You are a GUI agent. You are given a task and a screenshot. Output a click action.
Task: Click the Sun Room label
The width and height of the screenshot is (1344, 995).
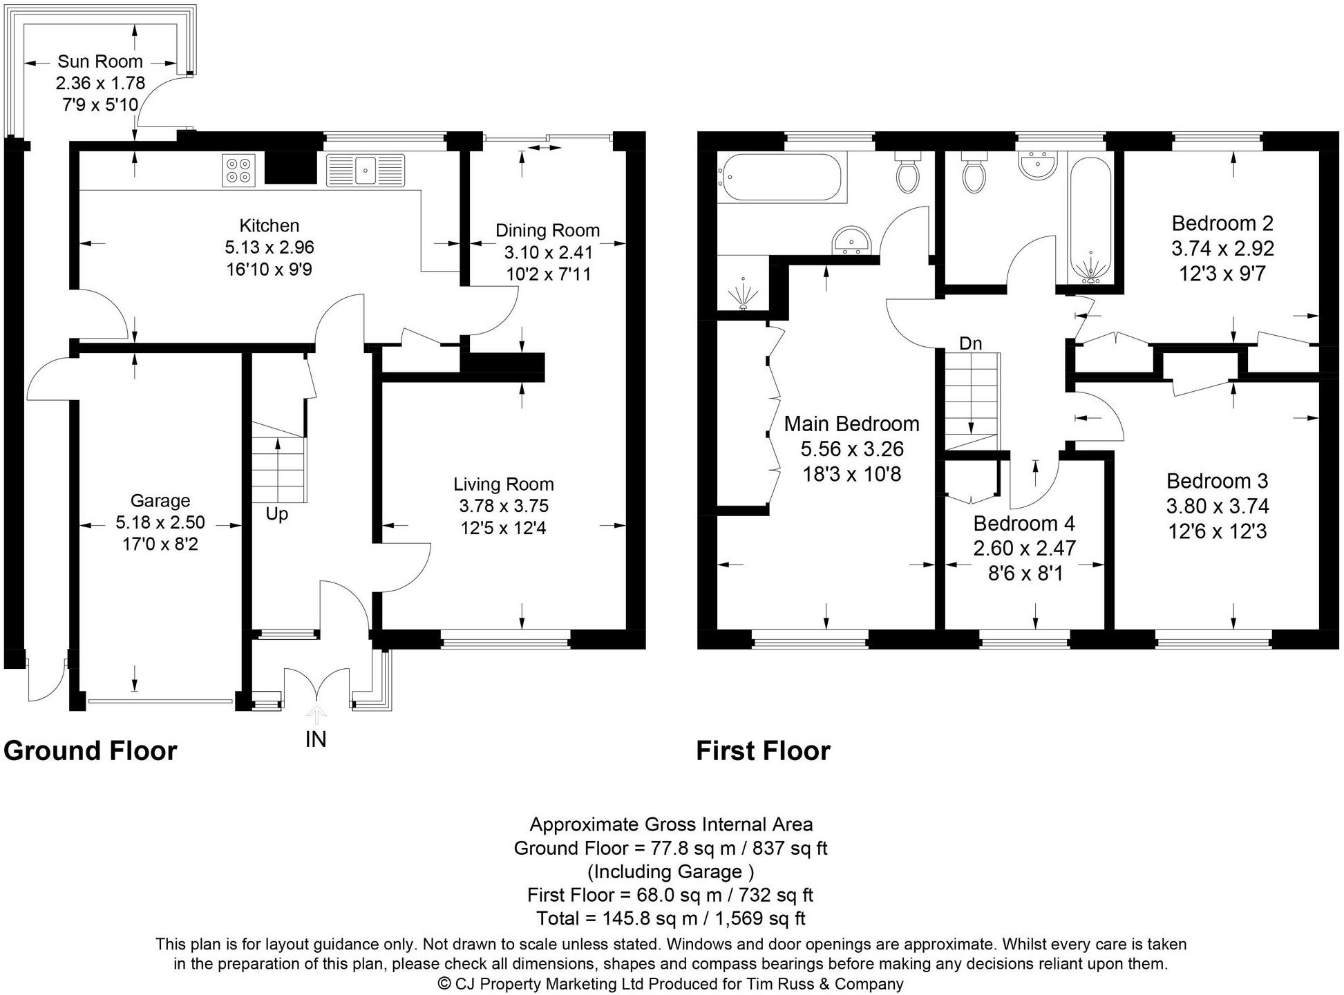tap(100, 61)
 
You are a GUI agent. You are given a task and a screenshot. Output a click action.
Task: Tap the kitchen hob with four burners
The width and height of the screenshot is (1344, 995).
tap(238, 170)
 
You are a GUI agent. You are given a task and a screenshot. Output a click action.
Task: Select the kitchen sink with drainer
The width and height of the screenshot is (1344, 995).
tap(365, 170)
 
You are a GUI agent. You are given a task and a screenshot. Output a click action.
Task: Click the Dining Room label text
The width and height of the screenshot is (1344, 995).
tap(547, 230)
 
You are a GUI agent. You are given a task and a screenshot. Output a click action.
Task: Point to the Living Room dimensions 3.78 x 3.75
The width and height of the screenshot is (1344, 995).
tap(504, 506)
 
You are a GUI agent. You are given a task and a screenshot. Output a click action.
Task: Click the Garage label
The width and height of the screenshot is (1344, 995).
tap(160, 500)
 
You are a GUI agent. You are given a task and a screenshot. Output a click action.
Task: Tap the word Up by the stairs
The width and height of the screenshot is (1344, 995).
tap(276, 514)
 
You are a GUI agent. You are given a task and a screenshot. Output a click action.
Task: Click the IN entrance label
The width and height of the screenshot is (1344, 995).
tap(315, 739)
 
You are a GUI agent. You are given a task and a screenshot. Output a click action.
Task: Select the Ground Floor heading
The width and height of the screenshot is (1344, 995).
tap(91, 750)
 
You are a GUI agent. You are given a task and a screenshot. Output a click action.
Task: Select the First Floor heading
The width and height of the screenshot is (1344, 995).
tap(763, 750)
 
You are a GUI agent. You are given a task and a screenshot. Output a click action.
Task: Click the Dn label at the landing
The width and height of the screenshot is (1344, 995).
tap(970, 343)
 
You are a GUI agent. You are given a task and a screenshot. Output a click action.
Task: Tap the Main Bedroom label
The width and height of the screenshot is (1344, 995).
tap(851, 424)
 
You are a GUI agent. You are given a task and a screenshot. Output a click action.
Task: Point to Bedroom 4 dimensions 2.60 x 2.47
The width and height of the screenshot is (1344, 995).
tap(1024, 548)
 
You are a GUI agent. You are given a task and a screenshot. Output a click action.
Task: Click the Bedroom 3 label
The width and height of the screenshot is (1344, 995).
tap(1218, 481)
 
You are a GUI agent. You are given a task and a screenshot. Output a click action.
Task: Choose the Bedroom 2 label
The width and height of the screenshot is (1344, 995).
tap(1222, 223)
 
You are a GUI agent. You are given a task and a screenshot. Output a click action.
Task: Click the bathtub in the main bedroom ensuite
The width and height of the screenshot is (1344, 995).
tap(779, 177)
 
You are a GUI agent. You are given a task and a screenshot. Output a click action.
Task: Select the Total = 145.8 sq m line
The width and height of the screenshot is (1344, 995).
tap(670, 918)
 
